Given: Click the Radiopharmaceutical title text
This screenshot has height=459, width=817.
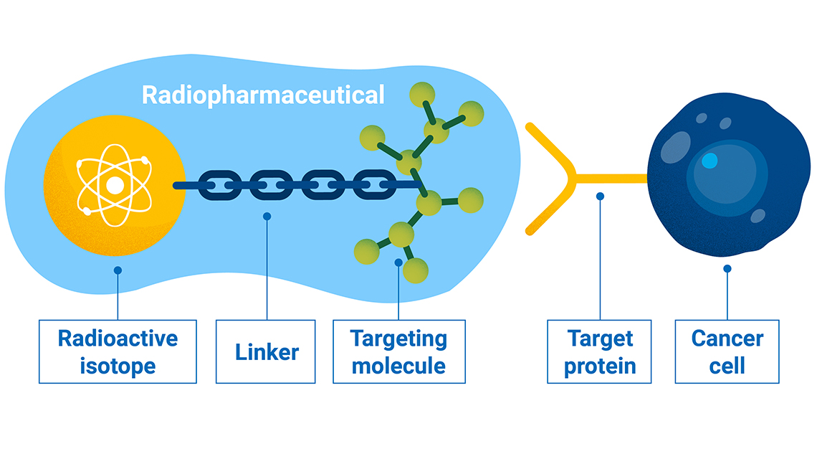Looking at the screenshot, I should click(263, 95).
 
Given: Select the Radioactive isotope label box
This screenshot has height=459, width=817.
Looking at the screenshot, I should click(118, 351).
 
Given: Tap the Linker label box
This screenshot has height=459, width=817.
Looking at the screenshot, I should click(266, 351).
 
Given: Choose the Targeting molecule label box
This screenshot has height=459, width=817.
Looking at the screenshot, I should click(398, 351).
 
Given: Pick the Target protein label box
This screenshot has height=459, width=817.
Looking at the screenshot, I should click(599, 351).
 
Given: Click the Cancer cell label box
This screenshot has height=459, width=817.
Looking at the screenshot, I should click(727, 351).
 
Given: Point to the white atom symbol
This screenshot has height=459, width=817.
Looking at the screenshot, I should click(115, 185).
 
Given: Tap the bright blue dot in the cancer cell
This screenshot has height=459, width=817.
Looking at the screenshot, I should click(709, 161).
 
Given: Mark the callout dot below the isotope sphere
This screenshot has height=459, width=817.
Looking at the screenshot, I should click(118, 270).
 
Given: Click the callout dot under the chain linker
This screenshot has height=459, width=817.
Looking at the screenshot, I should click(267, 216).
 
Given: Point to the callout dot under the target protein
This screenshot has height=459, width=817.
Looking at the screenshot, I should click(600, 196).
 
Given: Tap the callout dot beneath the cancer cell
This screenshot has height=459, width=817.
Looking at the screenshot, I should click(727, 269).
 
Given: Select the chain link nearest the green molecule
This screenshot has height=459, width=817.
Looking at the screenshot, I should click(373, 185).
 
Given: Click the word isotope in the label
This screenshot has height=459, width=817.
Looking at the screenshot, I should click(118, 366).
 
